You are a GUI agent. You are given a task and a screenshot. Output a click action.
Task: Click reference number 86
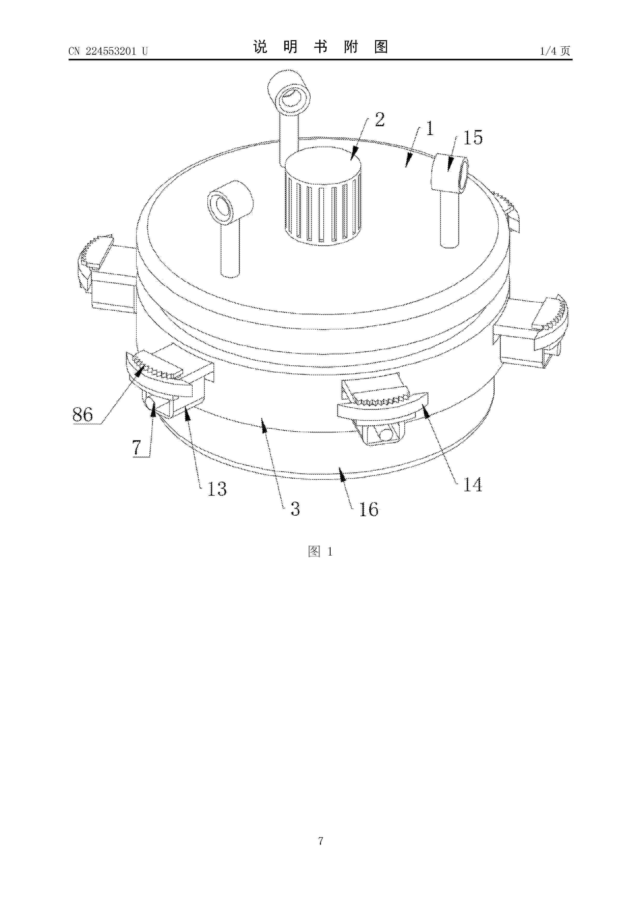82,415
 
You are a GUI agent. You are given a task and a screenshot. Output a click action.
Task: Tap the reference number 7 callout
137,447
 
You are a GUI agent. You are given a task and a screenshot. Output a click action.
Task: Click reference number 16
369,509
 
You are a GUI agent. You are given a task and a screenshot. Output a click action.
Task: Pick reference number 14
473,485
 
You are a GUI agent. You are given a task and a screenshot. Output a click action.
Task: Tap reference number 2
380,119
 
